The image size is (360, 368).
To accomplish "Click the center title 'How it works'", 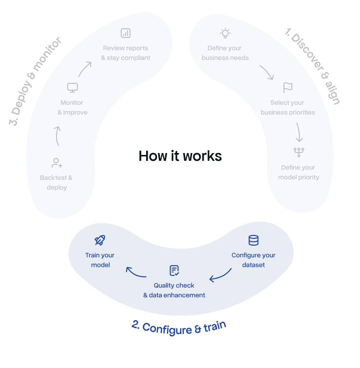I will click(180, 156).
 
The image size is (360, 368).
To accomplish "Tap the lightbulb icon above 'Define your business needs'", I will click(225, 33).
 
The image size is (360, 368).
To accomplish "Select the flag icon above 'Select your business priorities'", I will click(288, 88).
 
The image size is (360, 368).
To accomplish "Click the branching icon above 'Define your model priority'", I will click(299, 152).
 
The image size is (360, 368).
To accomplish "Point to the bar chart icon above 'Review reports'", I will click(126, 33).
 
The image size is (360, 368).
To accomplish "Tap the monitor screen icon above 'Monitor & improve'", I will click(72, 88).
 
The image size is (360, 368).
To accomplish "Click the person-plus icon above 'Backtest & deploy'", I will click(57, 163).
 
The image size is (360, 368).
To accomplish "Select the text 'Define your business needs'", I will click(225, 53).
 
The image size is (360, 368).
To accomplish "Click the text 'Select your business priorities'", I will click(287, 108).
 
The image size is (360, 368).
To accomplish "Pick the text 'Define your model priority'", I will click(299, 173).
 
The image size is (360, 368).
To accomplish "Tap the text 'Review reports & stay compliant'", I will click(126, 53).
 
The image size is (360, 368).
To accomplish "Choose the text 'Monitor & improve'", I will click(72, 108).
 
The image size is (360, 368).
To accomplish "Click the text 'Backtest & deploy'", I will click(57, 183).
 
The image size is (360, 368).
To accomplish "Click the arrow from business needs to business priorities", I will click(266, 72).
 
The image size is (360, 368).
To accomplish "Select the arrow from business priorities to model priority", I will click(298, 132).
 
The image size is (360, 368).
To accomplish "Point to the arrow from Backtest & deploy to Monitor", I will click(57, 136).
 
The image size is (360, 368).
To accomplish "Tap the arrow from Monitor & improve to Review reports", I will click(85, 69).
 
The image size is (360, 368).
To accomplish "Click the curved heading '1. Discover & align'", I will click(312, 65).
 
